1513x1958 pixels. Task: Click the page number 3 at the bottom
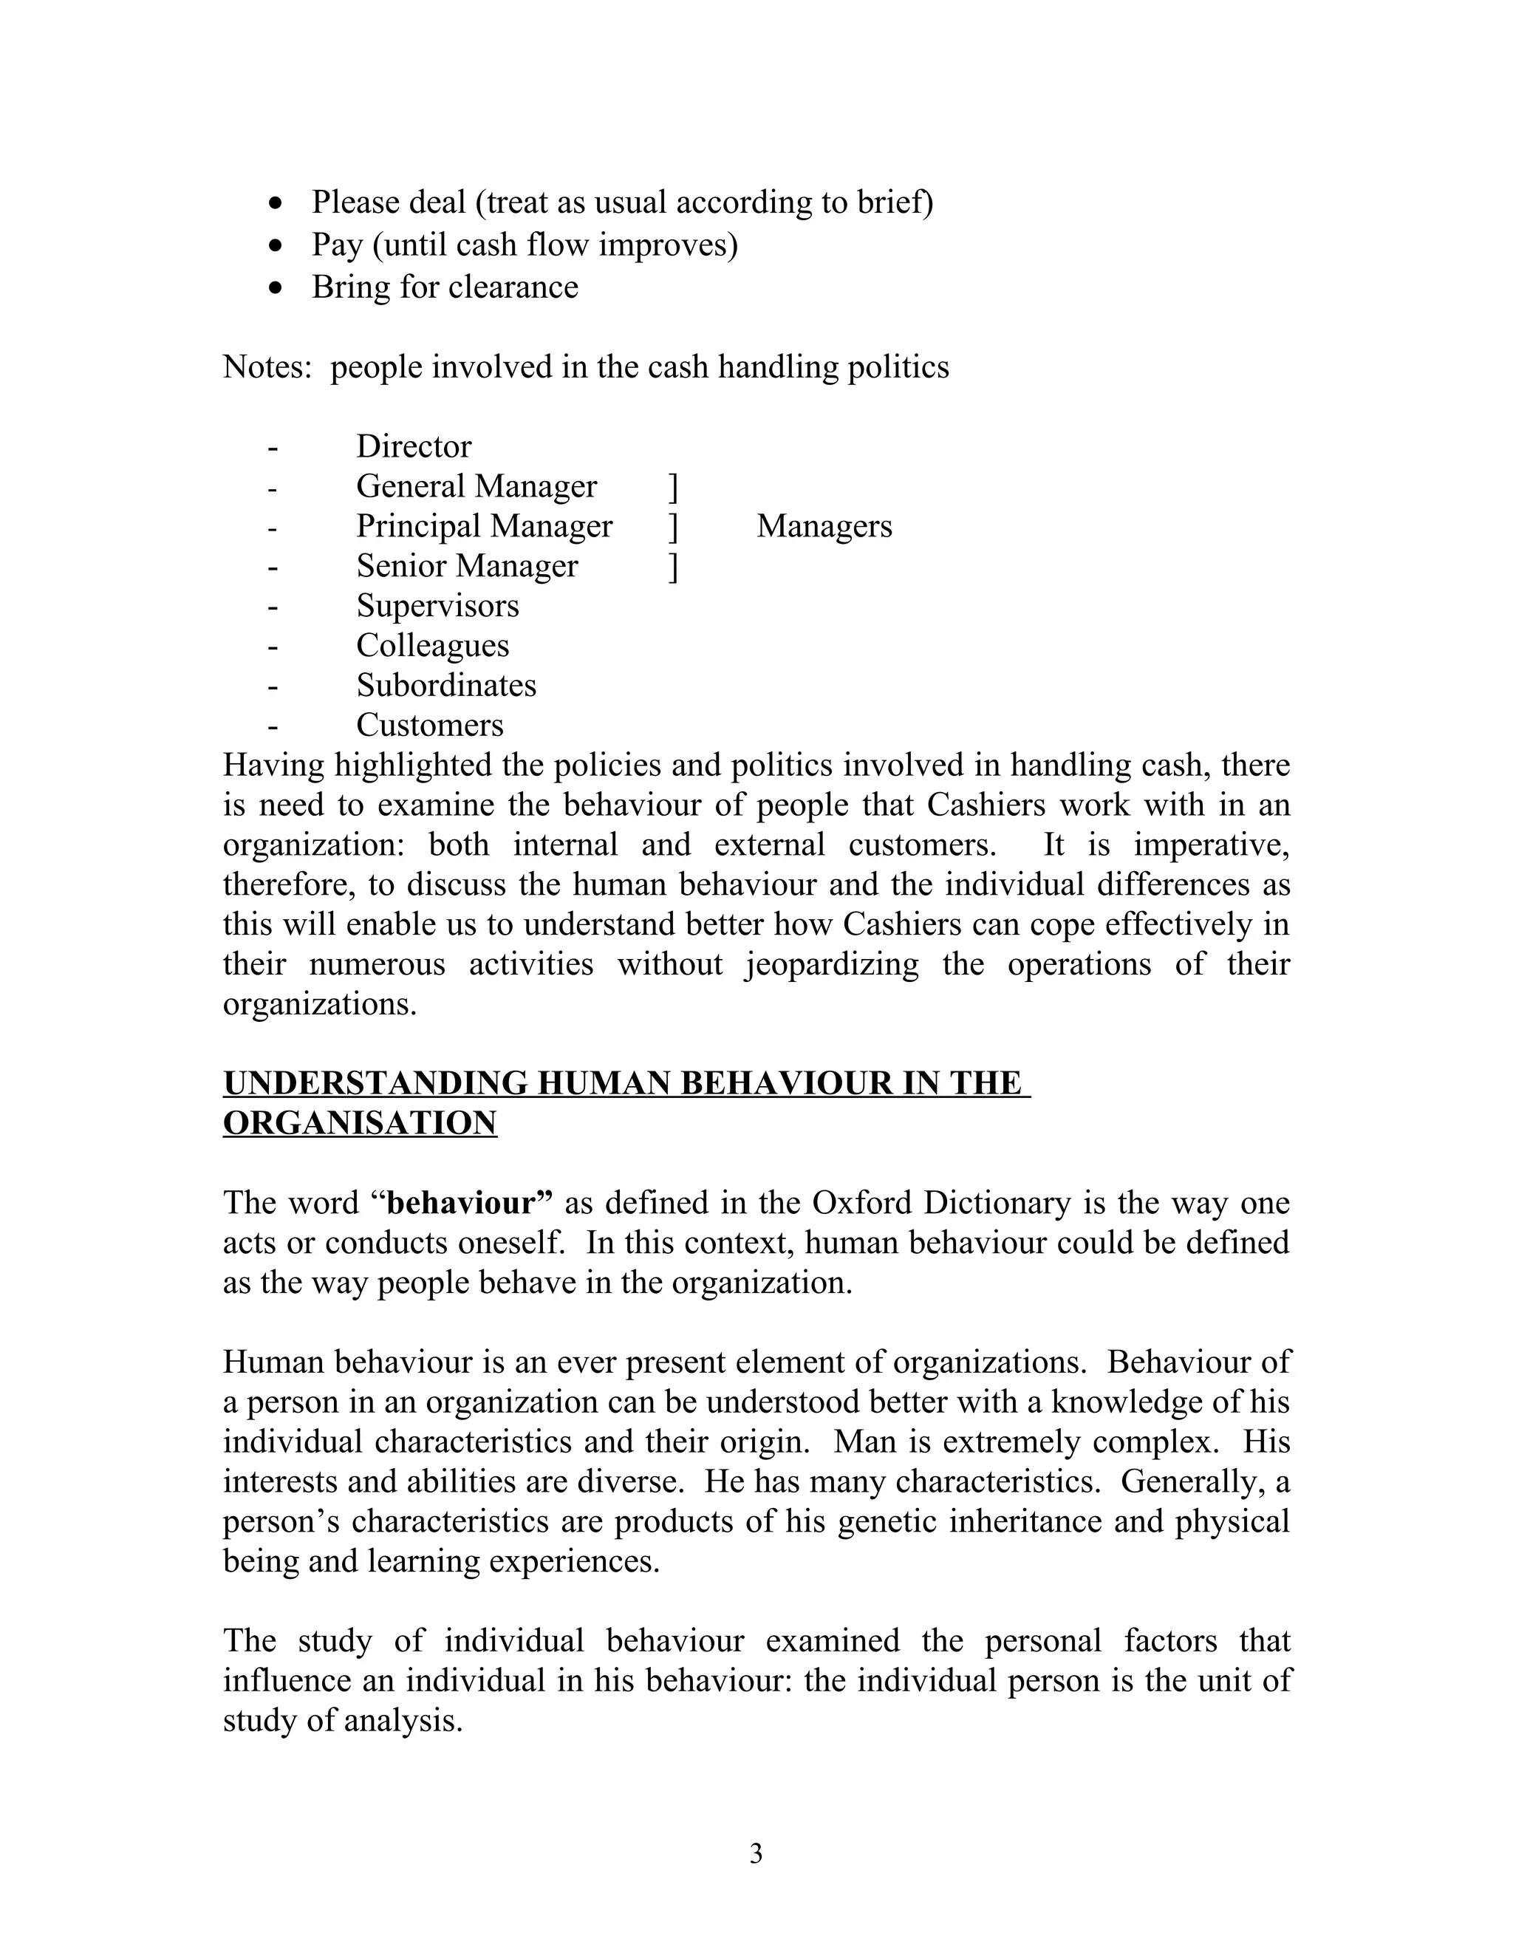[756, 1853]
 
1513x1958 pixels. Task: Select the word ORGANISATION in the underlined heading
[360, 1122]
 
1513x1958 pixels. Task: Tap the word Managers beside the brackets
[824, 526]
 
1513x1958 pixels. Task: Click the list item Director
[413, 446]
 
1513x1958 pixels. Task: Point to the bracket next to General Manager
[673, 488]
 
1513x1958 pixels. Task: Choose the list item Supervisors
[437, 606]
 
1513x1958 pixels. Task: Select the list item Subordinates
[446, 686]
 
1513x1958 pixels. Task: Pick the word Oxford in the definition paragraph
[863, 1202]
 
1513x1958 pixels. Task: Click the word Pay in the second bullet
[337, 245]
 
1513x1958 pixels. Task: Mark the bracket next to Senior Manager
[673, 567]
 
